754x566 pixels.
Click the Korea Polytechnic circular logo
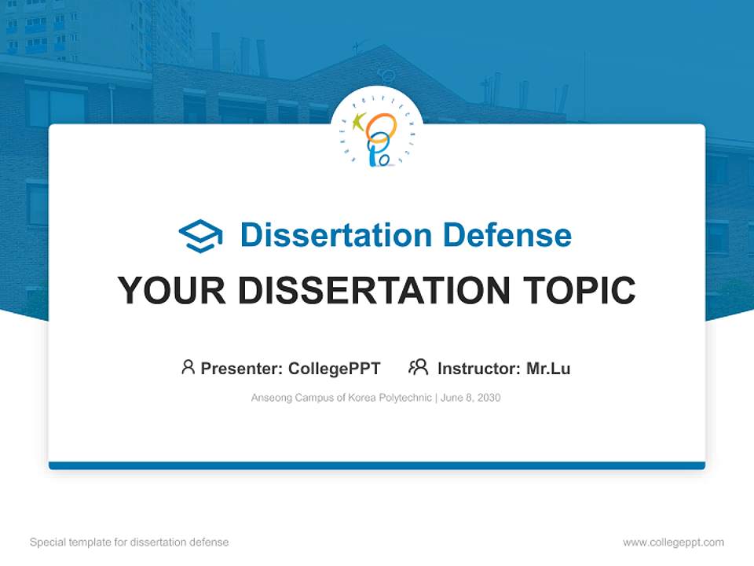377,131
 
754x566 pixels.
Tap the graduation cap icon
200,236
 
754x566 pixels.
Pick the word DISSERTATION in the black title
373,291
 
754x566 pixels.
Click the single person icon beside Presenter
188,367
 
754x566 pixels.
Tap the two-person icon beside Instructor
418,367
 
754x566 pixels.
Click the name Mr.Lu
548,369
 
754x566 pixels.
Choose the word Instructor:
478,369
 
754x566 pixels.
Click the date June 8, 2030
470,398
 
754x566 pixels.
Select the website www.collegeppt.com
673,542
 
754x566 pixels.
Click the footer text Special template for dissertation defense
130,542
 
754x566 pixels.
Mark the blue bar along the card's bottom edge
377,465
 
